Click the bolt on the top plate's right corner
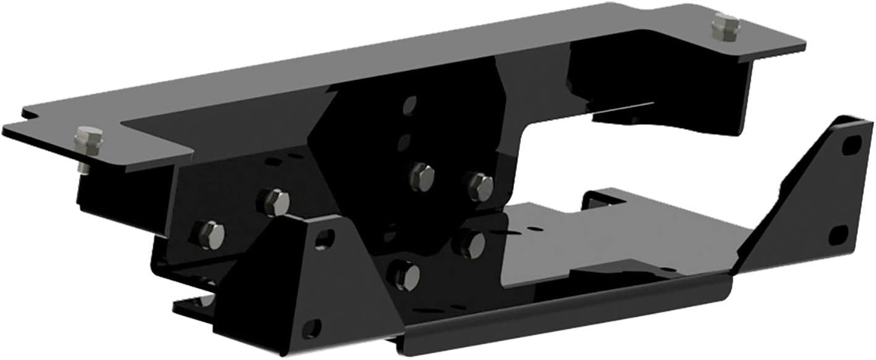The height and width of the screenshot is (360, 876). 725,27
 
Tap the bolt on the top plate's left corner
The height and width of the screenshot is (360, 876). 88,140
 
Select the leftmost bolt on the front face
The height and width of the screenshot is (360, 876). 210,234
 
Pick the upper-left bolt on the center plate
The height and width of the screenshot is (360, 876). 423,176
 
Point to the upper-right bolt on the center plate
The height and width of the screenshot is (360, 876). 480,186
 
